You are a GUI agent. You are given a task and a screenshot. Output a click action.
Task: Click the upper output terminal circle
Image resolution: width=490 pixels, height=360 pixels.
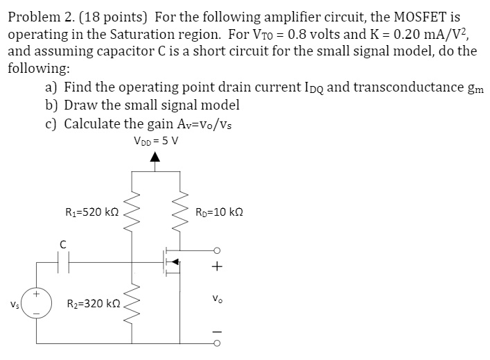click(x=218, y=251)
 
